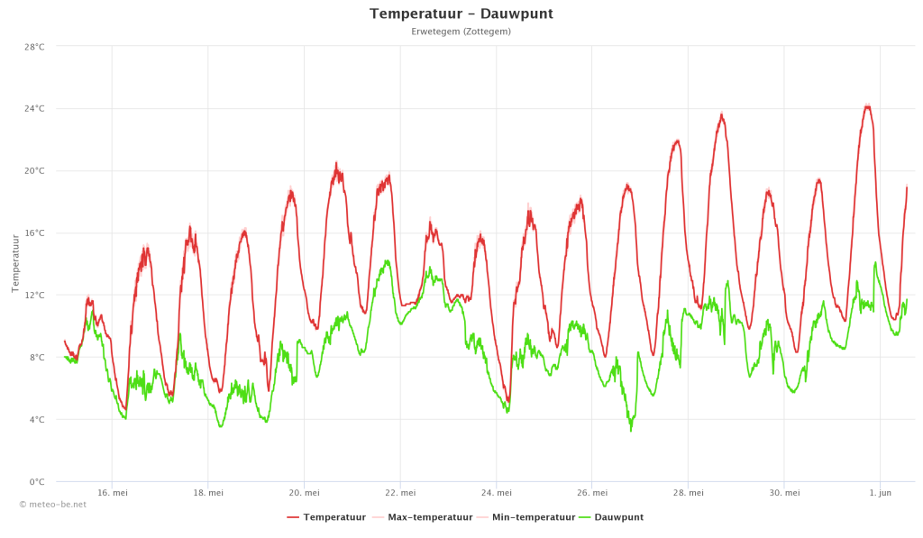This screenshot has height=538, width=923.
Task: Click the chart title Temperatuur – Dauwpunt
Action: point(461,14)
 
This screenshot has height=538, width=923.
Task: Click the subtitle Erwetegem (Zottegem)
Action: point(461,32)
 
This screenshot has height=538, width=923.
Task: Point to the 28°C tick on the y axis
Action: point(35,47)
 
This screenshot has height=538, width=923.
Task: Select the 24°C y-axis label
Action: point(35,109)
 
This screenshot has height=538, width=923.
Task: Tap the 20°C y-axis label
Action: point(35,171)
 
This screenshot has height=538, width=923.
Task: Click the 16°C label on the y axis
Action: point(35,233)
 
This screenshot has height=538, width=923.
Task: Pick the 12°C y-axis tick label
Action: point(35,296)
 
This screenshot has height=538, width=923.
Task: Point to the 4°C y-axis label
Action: point(37,420)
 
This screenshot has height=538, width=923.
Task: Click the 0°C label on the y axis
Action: point(37,482)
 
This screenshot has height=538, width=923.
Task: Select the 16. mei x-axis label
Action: point(112,493)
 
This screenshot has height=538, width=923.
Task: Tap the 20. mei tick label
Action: point(304,493)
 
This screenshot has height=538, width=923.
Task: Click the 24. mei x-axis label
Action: point(497,493)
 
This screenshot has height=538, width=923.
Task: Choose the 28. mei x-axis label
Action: point(689,493)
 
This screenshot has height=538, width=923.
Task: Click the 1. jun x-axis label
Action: point(880,493)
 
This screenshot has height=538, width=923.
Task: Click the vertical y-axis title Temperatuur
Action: point(15,263)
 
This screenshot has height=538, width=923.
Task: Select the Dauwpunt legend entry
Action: point(617,517)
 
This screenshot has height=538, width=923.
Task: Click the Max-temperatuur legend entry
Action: point(429,517)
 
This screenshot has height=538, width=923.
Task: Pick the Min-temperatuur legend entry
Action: point(533,517)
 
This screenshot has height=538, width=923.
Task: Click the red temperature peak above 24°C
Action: point(867,106)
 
